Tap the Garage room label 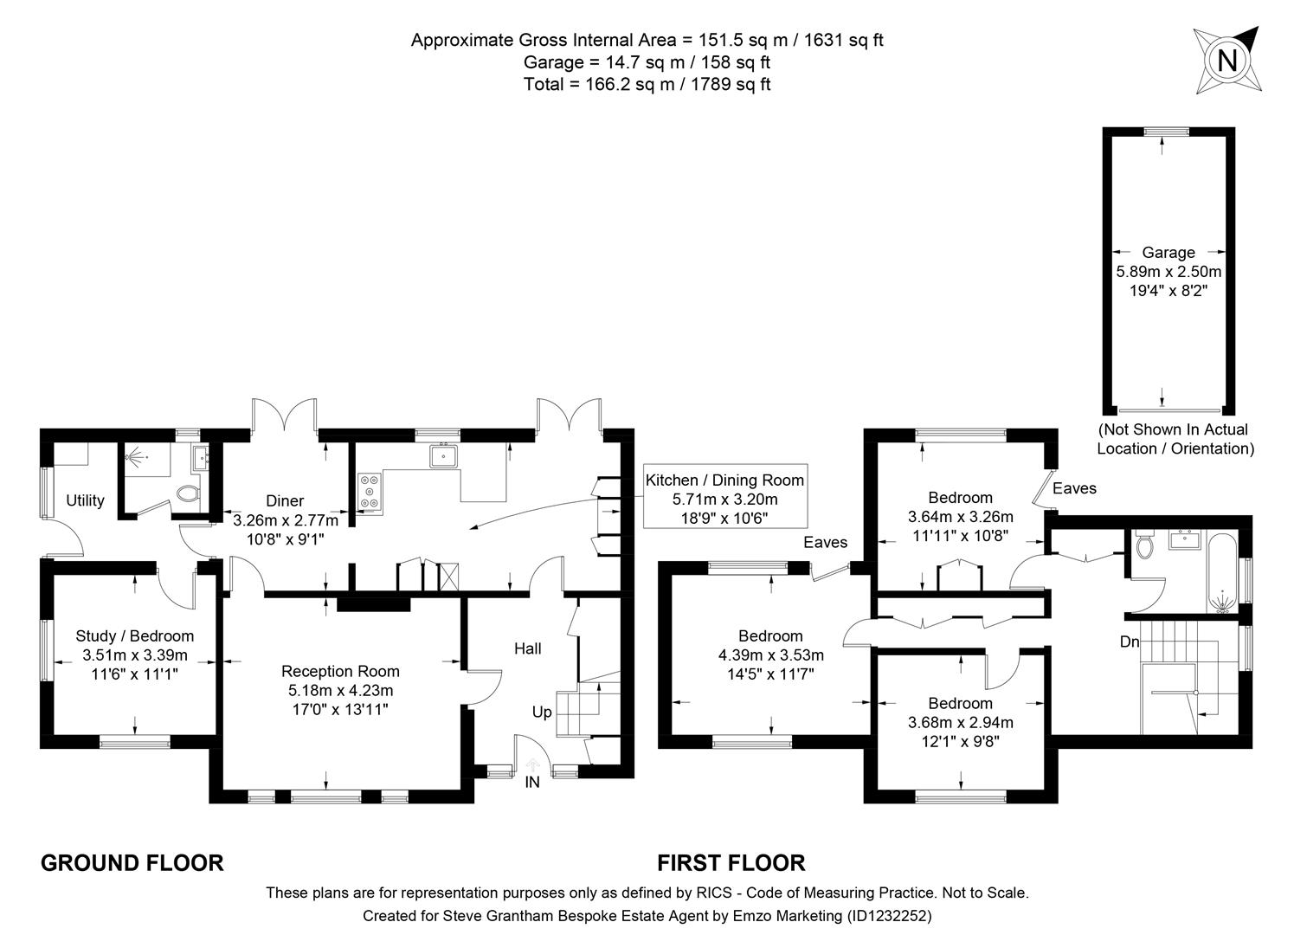(x=1168, y=253)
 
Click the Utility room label (x=85, y=500)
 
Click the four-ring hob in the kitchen (x=370, y=491)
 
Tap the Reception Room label (x=340, y=671)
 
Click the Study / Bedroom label (x=134, y=636)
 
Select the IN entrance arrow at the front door (x=532, y=766)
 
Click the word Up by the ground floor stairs (x=542, y=712)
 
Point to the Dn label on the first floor (x=1130, y=642)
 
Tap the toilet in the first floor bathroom (x=1143, y=546)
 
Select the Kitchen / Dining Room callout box (x=724, y=500)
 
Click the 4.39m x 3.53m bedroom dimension (x=770, y=654)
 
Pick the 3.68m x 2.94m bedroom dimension (x=960, y=722)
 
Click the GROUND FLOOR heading (x=132, y=862)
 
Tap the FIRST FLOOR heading (x=731, y=862)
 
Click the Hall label (x=527, y=648)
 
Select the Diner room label (x=285, y=500)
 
